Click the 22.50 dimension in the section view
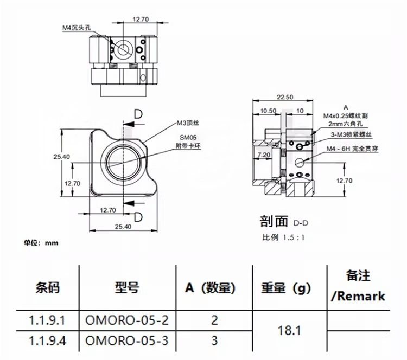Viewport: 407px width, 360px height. [x=284, y=97]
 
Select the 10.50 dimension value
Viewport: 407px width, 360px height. [x=268, y=110]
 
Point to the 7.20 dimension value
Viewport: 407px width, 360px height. [x=264, y=155]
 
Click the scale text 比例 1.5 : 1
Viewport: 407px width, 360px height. [x=284, y=237]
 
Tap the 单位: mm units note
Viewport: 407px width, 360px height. [x=41, y=243]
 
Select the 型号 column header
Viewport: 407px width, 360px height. [x=128, y=288]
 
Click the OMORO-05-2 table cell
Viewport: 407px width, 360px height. [x=128, y=320]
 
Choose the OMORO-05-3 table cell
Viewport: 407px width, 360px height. [x=128, y=341]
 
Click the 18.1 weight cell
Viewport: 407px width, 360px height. [x=289, y=330]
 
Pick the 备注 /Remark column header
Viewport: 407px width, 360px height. [x=358, y=286]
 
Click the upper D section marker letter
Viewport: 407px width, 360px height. [x=138, y=114]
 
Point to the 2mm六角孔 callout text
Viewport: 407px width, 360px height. [x=344, y=124]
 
